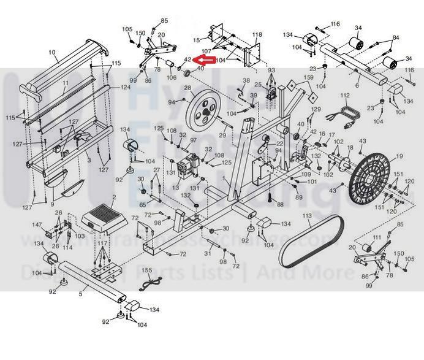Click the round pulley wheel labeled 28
pyautogui.click(x=202, y=110)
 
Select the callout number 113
pyautogui.click(x=307, y=216)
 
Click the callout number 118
pyautogui.click(x=257, y=34)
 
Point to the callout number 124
pyautogui.click(x=125, y=87)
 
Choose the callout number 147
pyautogui.click(x=37, y=225)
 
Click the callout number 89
pyautogui.click(x=299, y=197)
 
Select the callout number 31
pyautogui.click(x=208, y=253)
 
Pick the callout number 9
pyautogui.click(x=53, y=204)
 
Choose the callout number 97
pyautogui.click(x=193, y=140)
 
